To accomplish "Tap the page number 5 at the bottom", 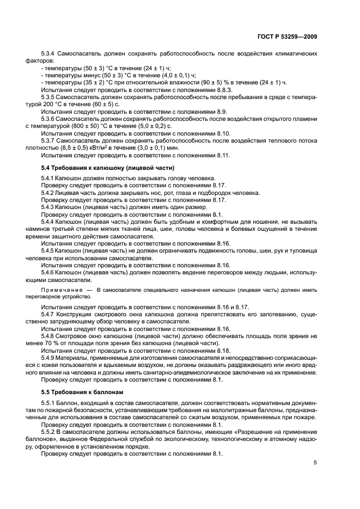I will point(315,463).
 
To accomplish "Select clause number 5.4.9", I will point(50,358).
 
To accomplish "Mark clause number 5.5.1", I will point(50,402).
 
